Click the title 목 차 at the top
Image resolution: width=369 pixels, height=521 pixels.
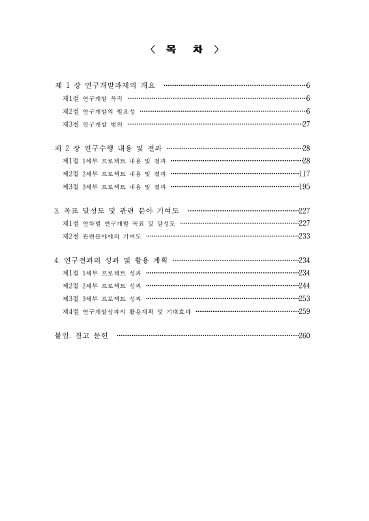tap(184, 49)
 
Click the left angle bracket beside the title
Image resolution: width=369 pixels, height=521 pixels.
tap(152, 49)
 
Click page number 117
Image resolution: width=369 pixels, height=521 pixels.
tap(303, 174)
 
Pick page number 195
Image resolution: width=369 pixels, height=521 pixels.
tap(303, 186)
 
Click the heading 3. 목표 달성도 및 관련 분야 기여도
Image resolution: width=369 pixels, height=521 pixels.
tap(116, 211)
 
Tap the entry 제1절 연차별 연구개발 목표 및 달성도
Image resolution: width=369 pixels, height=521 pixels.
tap(118, 223)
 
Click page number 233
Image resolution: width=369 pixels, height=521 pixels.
tap(303, 236)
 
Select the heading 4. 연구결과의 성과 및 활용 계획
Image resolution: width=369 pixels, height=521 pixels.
tap(110, 260)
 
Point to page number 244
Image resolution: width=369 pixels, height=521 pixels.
tap(303, 286)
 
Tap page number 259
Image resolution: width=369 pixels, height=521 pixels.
tap(303, 311)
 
